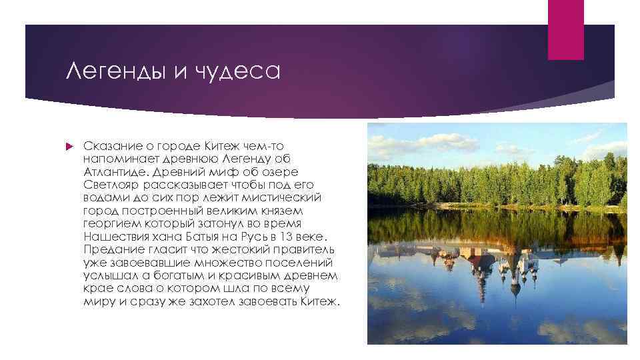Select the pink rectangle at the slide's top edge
tap(565, 29)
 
